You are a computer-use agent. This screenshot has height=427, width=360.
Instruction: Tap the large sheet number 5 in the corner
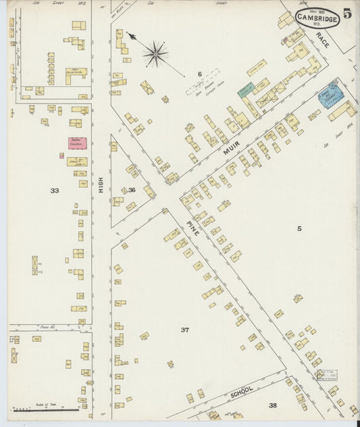point(346,13)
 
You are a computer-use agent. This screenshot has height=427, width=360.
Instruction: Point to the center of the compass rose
point(155,53)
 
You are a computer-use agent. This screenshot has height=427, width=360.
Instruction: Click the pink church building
point(76,143)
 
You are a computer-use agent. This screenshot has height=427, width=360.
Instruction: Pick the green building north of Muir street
point(245,89)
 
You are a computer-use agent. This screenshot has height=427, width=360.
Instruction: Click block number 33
point(54,191)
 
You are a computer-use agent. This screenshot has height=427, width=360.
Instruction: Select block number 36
point(132,190)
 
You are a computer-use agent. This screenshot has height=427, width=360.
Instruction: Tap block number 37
point(184,330)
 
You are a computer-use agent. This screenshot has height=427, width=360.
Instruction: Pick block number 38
point(272,405)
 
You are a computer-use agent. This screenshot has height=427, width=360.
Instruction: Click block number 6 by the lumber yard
point(200,73)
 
